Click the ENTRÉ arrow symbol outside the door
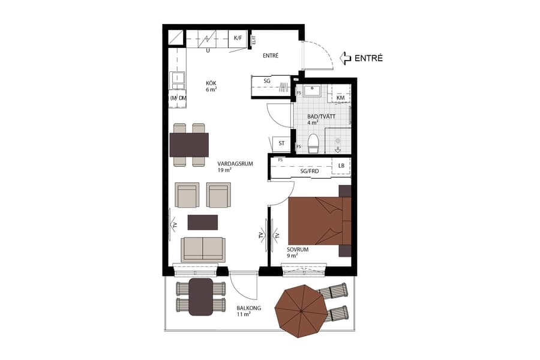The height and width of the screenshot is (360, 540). (x=346, y=58)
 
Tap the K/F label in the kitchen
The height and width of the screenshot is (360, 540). (x=238, y=38)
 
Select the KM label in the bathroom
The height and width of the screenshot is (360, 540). (x=340, y=98)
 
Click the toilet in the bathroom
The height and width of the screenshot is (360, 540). (x=313, y=144)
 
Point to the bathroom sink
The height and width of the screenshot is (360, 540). (x=312, y=92)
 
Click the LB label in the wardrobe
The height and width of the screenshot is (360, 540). (x=341, y=165)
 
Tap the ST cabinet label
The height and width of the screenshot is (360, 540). (x=281, y=143)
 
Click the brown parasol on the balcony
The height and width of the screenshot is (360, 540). (x=301, y=312)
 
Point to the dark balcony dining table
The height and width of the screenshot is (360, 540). (x=200, y=296)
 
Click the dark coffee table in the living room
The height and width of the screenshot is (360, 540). (x=203, y=222)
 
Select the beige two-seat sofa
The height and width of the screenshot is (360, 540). (x=204, y=248)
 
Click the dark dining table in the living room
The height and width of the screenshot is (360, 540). (x=189, y=145)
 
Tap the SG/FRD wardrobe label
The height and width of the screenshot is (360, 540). (x=309, y=171)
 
